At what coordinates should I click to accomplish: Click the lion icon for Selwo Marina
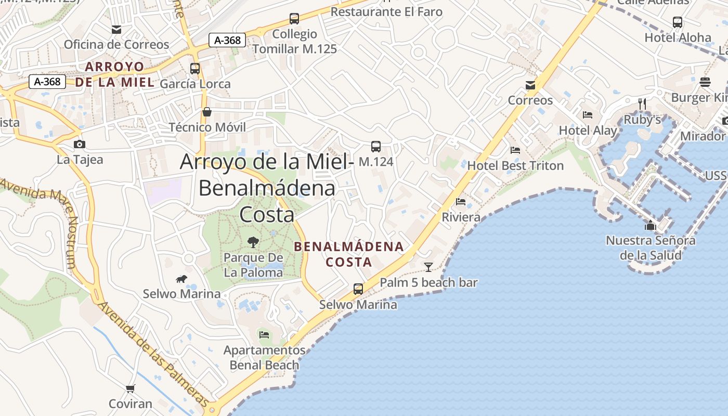pyautogui.click(x=181, y=280)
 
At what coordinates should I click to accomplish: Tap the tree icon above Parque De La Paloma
pyautogui.click(x=253, y=242)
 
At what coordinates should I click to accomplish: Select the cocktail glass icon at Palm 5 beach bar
pyautogui.click(x=428, y=267)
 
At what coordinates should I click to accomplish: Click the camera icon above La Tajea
pyautogui.click(x=80, y=145)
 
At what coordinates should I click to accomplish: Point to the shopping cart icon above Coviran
pyautogui.click(x=131, y=388)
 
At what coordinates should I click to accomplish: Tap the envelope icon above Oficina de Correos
pyautogui.click(x=116, y=30)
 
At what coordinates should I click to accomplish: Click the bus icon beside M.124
pyautogui.click(x=376, y=147)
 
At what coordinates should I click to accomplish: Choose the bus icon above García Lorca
pyautogui.click(x=195, y=68)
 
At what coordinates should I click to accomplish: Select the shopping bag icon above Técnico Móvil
pyautogui.click(x=207, y=112)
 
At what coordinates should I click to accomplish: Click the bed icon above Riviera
pyautogui.click(x=461, y=202)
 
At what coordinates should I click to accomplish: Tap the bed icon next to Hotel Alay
pyautogui.click(x=588, y=115)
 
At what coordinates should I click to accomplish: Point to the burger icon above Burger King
pyautogui.click(x=705, y=82)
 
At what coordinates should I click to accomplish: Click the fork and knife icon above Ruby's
pyautogui.click(x=642, y=104)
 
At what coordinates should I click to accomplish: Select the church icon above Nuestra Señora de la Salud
pyautogui.click(x=651, y=226)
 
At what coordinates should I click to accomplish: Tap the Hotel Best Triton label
pyautogui.click(x=515, y=166)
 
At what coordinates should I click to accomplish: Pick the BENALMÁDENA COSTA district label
pyautogui.click(x=349, y=254)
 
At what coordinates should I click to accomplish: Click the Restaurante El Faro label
pyautogui.click(x=386, y=11)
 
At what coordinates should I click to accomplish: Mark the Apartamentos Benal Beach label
pyautogui.click(x=265, y=358)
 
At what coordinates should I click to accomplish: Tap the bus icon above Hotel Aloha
pyautogui.click(x=678, y=22)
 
